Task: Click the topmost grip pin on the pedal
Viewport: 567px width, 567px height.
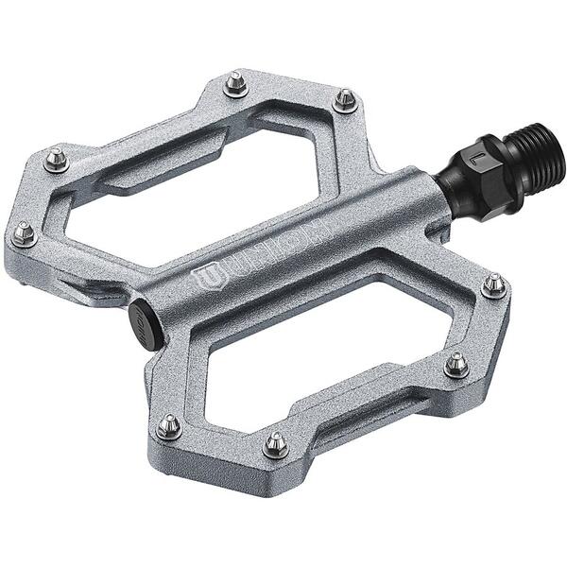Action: click(x=235, y=85)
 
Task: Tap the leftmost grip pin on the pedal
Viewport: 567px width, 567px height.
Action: click(x=24, y=232)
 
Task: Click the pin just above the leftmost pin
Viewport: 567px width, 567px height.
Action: click(x=57, y=159)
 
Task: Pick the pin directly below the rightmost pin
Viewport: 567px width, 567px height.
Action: click(x=456, y=362)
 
